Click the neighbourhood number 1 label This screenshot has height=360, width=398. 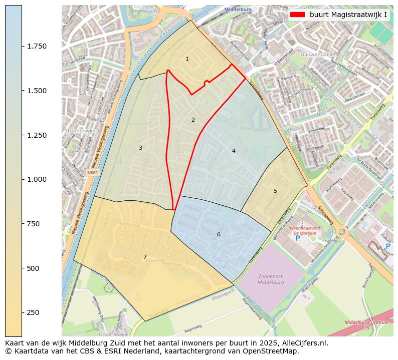pos(187,59)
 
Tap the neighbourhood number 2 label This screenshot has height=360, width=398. pos(193,120)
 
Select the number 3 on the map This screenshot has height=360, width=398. pos(140,148)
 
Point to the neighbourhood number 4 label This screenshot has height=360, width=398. pos(234,151)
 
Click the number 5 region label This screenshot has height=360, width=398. pos(275,191)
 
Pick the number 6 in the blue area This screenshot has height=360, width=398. pos(219,235)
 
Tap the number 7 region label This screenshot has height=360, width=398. pos(145,257)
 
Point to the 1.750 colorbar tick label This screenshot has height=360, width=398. pos(37,46)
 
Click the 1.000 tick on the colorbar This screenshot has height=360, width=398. pos(37,179)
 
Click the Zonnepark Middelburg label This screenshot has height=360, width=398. pos(271,279)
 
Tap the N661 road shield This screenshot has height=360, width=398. pos(92,173)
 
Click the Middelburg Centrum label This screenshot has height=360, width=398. pos(367,322)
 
